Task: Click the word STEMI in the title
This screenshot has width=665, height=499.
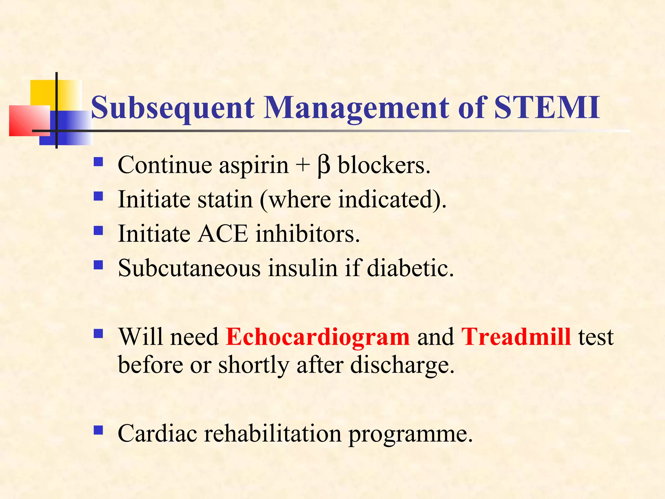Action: click(x=546, y=108)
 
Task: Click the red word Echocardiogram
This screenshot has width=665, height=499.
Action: click(x=318, y=337)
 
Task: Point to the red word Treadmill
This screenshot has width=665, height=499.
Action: click(x=516, y=337)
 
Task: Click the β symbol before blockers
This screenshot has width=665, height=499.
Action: click(x=324, y=166)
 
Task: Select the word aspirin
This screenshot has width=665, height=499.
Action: click(x=254, y=166)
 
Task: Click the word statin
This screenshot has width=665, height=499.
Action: click(x=225, y=199)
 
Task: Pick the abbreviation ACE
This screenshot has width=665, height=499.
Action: click(x=223, y=234)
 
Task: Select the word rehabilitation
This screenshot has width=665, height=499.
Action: click(x=272, y=434)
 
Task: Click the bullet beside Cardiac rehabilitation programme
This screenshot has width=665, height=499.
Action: click(x=98, y=430)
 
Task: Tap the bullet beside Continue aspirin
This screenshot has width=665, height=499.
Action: click(x=98, y=162)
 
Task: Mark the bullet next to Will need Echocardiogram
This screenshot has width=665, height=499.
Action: click(x=98, y=334)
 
